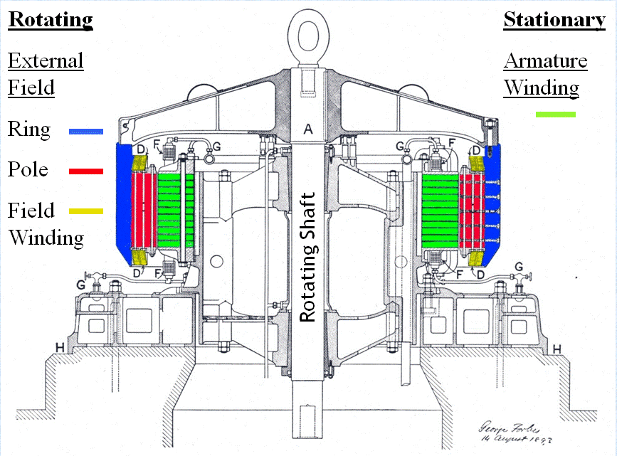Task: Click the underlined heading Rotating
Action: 51,20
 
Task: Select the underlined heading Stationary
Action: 554,20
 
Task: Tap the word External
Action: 46,61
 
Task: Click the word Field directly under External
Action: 31,88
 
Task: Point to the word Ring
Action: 29,131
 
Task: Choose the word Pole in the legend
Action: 28,170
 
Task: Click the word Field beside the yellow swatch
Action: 31,211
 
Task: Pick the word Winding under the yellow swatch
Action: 46,237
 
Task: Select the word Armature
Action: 546,61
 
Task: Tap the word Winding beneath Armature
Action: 541,88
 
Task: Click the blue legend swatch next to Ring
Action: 86,131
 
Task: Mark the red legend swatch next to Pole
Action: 86,171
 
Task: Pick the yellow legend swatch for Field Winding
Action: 86,211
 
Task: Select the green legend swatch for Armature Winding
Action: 555,113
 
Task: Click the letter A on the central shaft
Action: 308,129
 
